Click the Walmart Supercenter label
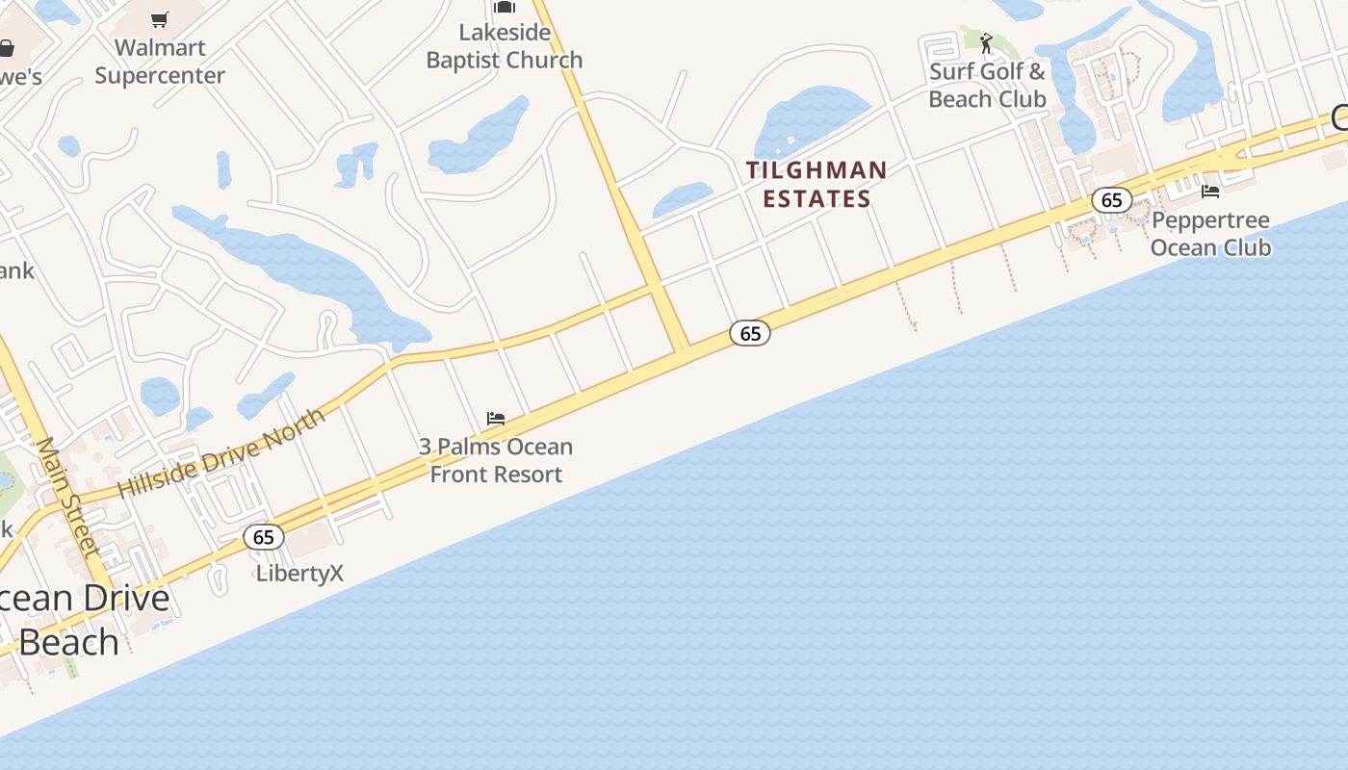tap(160, 62)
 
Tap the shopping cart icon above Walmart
tap(160, 20)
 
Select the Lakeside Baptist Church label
tap(505, 46)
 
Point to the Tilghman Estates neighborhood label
tap(817, 185)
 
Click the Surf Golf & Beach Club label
tap(987, 85)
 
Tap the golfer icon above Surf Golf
tap(986, 42)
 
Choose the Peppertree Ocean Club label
tap(1210, 234)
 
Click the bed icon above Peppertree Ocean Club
tap(1210, 192)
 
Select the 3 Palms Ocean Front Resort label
tap(496, 460)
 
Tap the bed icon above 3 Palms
tap(496, 419)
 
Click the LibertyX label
tap(299, 574)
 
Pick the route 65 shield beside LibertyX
tap(264, 537)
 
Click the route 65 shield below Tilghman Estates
tap(750, 334)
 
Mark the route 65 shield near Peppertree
tap(1112, 200)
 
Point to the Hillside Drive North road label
tap(220, 451)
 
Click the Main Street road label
tap(68, 497)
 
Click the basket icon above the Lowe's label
tap(6, 48)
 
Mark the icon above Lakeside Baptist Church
tap(505, 7)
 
